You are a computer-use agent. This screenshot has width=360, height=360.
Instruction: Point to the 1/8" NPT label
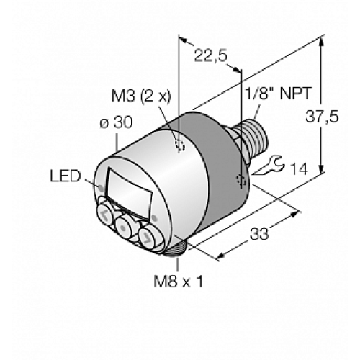pyautogui.click(x=271, y=94)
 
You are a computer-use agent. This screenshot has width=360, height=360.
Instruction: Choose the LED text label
pyautogui.click(x=66, y=175)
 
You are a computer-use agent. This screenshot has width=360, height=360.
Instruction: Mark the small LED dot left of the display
pyautogui.click(x=99, y=189)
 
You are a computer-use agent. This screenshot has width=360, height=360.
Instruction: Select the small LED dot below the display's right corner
pyautogui.click(x=154, y=216)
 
